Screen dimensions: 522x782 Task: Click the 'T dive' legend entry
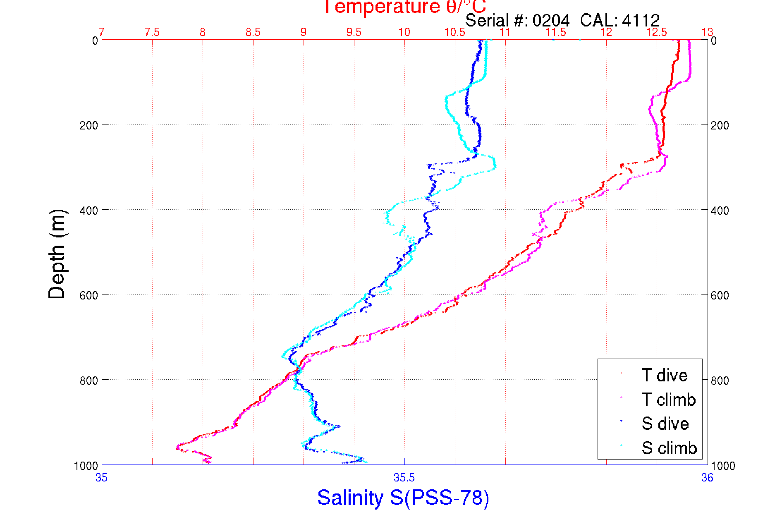664,375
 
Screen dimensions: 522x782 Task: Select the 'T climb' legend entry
668,400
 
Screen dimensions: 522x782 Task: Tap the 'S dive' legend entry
665,424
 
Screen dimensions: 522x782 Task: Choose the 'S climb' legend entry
669,448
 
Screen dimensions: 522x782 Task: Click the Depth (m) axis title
57,254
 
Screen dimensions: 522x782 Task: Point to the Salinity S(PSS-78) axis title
403,497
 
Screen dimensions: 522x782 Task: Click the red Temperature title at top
404,7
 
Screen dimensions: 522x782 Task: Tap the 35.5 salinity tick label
404,478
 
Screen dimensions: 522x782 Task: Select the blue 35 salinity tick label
101,478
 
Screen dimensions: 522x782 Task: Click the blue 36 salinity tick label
707,478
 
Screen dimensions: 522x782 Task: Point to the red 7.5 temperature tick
152,32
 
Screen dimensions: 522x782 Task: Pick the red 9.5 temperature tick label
354,32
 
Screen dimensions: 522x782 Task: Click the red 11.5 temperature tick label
556,32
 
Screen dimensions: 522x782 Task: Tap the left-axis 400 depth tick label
88,211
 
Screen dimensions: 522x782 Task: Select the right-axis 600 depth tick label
720,295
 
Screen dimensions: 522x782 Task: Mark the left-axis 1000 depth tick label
86,466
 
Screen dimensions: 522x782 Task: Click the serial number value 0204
551,20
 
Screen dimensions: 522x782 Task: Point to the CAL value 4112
641,20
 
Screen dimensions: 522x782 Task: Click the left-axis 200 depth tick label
88,125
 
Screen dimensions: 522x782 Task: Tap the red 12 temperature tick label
606,32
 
